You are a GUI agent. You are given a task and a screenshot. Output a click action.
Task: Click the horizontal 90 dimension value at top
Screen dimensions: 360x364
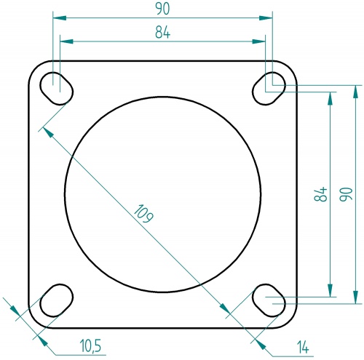(x=162, y=9)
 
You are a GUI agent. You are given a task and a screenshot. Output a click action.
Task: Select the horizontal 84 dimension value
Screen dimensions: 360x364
(x=162, y=33)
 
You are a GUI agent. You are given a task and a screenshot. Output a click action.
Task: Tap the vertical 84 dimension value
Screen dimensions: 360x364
(x=318, y=194)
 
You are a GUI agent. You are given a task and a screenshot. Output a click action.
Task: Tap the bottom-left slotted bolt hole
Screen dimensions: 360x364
(x=56, y=300)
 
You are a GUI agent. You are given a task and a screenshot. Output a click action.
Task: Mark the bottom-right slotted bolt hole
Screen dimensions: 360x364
(x=270, y=300)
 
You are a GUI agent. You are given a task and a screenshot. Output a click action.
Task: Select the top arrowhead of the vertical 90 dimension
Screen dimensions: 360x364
(x=357, y=90)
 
